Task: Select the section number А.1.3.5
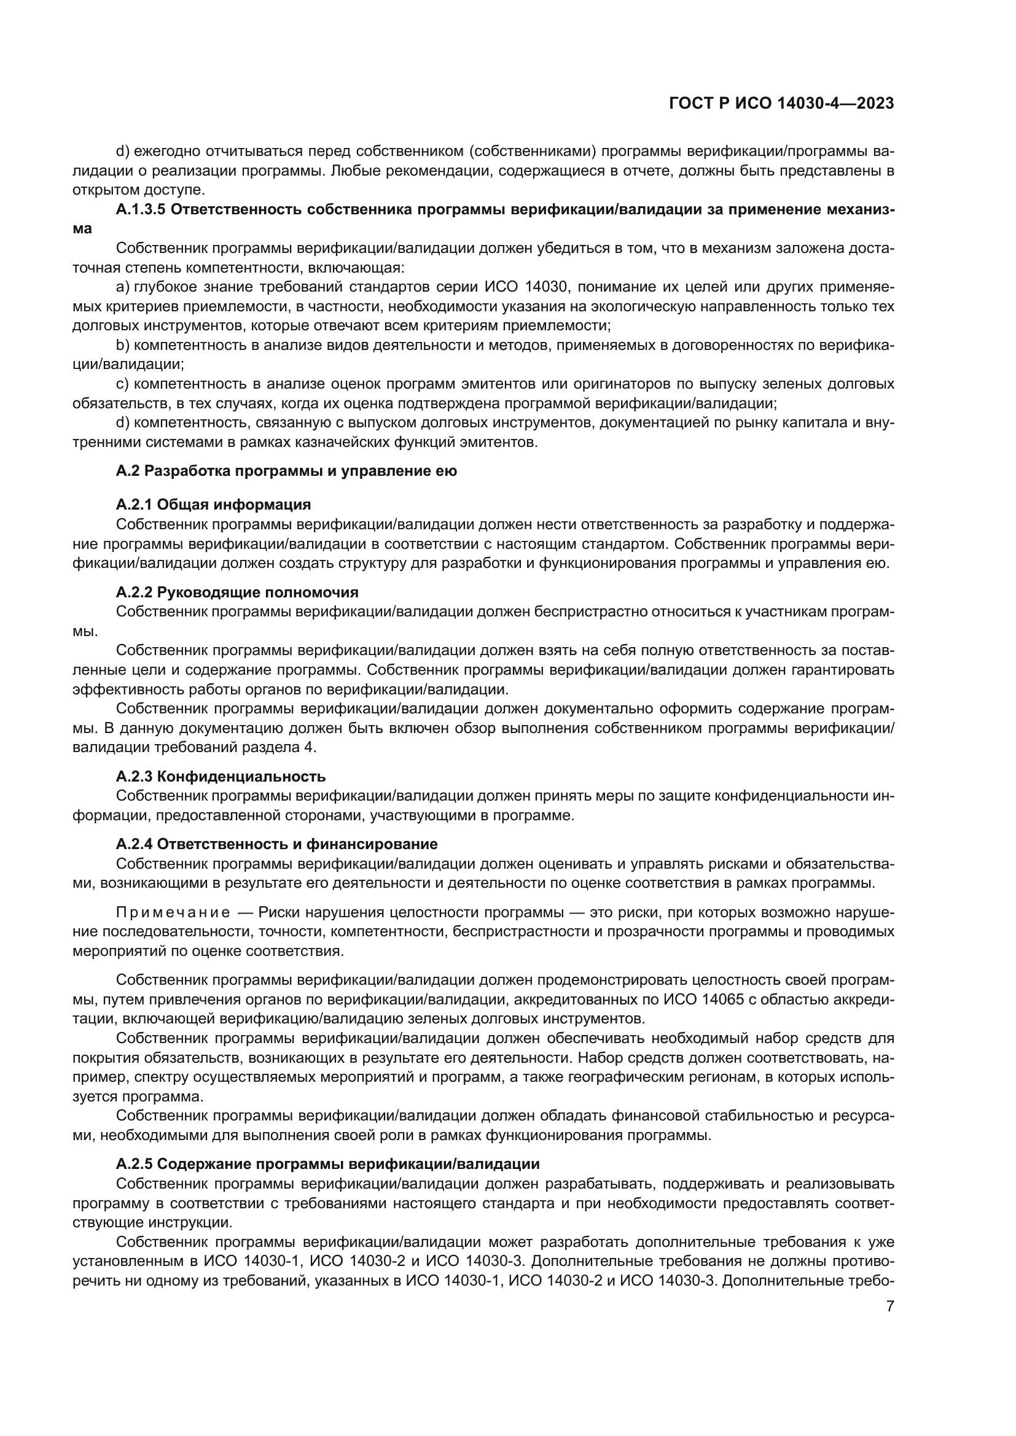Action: (140, 209)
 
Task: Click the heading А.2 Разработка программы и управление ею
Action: (286, 471)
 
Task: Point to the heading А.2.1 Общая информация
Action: (213, 504)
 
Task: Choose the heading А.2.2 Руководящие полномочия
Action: (237, 592)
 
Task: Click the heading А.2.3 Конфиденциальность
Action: (221, 776)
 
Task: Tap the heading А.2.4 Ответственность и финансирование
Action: (276, 844)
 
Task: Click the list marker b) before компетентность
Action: (122, 345)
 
